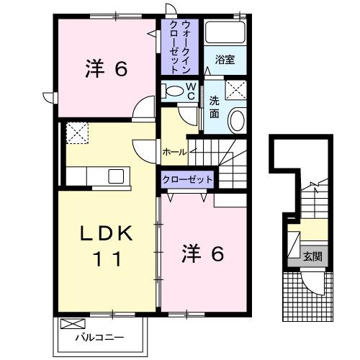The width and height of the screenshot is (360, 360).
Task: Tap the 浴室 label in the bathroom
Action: [x=225, y=60]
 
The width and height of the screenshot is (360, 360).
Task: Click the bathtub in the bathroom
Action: [x=225, y=33]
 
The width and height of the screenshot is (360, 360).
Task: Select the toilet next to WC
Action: [x=173, y=91]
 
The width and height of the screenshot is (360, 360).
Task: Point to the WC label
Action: [x=191, y=90]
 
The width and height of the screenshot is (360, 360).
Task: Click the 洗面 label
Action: [x=215, y=107]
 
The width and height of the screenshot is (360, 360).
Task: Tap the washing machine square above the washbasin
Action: [x=235, y=90]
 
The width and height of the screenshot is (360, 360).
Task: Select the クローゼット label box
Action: [x=187, y=179]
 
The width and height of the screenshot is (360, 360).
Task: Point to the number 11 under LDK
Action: [x=106, y=258]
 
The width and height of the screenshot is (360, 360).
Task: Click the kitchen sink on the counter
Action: [x=116, y=176]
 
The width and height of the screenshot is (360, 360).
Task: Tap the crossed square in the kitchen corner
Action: [x=76, y=132]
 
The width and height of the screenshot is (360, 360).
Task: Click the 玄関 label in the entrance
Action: [x=312, y=256]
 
